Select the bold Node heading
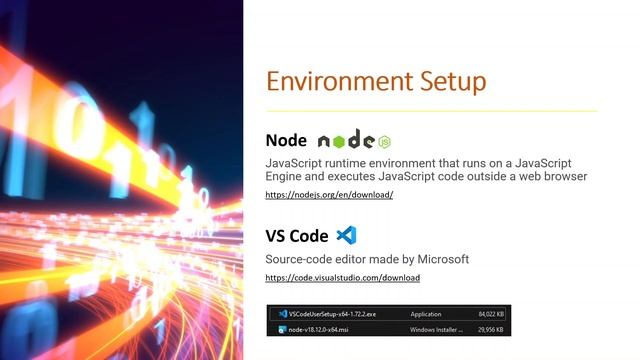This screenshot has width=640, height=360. pyautogui.click(x=286, y=140)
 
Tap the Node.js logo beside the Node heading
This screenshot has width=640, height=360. pyautogui.click(x=346, y=141)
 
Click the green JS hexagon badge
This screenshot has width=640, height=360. pyautogui.click(x=384, y=141)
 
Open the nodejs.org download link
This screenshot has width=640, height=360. pyautogui.click(x=329, y=195)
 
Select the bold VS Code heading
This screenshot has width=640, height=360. pyautogui.click(x=297, y=236)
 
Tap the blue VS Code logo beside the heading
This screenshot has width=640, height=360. pyautogui.click(x=346, y=236)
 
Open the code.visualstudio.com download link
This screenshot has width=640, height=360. pyautogui.click(x=342, y=277)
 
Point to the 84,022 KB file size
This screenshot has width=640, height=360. pyautogui.click(x=489, y=313)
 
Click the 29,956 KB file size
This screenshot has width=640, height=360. pyautogui.click(x=489, y=327)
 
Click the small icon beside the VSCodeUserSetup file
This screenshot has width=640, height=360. pyautogui.click(x=283, y=313)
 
